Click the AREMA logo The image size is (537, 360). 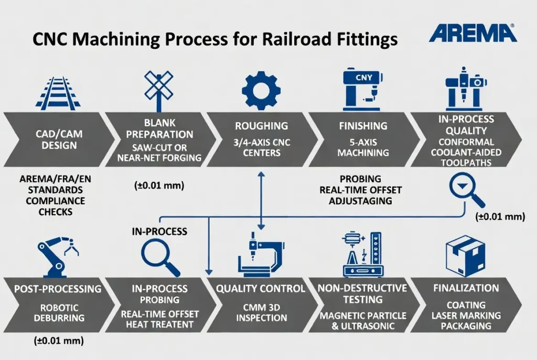coord(472,33)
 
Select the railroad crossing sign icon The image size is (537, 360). coord(159,90)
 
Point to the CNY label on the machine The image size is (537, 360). coord(363,78)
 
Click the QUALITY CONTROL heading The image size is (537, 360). coord(261,289)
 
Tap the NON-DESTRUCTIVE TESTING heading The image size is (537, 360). coord(362,293)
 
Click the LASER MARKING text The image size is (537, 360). coord(466,315)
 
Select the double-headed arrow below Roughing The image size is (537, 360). coord(260,200)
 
